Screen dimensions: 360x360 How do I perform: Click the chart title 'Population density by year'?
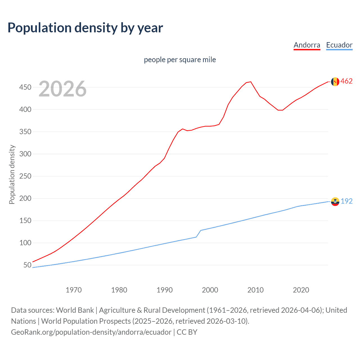click(x=85, y=28)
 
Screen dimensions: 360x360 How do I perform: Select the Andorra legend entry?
click(x=307, y=45)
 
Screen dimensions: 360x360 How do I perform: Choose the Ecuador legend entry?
click(x=339, y=45)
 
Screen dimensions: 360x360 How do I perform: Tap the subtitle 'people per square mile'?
click(x=180, y=60)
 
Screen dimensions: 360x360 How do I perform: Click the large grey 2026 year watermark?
click(x=62, y=89)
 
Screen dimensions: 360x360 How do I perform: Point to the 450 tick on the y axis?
click(x=25, y=87)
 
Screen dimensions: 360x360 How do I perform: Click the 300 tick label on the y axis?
click(x=25, y=154)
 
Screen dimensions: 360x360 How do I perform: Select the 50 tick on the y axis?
click(x=27, y=265)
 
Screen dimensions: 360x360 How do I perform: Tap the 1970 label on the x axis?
click(x=74, y=290)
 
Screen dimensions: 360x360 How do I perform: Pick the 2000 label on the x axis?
click(x=210, y=290)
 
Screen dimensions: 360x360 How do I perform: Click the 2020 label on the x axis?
click(x=301, y=290)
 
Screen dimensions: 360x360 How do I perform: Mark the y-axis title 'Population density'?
click(x=12, y=174)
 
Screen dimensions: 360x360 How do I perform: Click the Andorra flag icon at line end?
click(x=335, y=82)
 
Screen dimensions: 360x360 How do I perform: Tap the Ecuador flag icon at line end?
click(x=335, y=201)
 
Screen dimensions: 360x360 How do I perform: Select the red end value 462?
click(x=346, y=81)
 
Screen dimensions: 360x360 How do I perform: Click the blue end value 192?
click(x=346, y=201)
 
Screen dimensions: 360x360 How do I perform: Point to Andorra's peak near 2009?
click(x=251, y=82)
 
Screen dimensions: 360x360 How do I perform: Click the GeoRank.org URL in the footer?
click(x=91, y=332)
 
